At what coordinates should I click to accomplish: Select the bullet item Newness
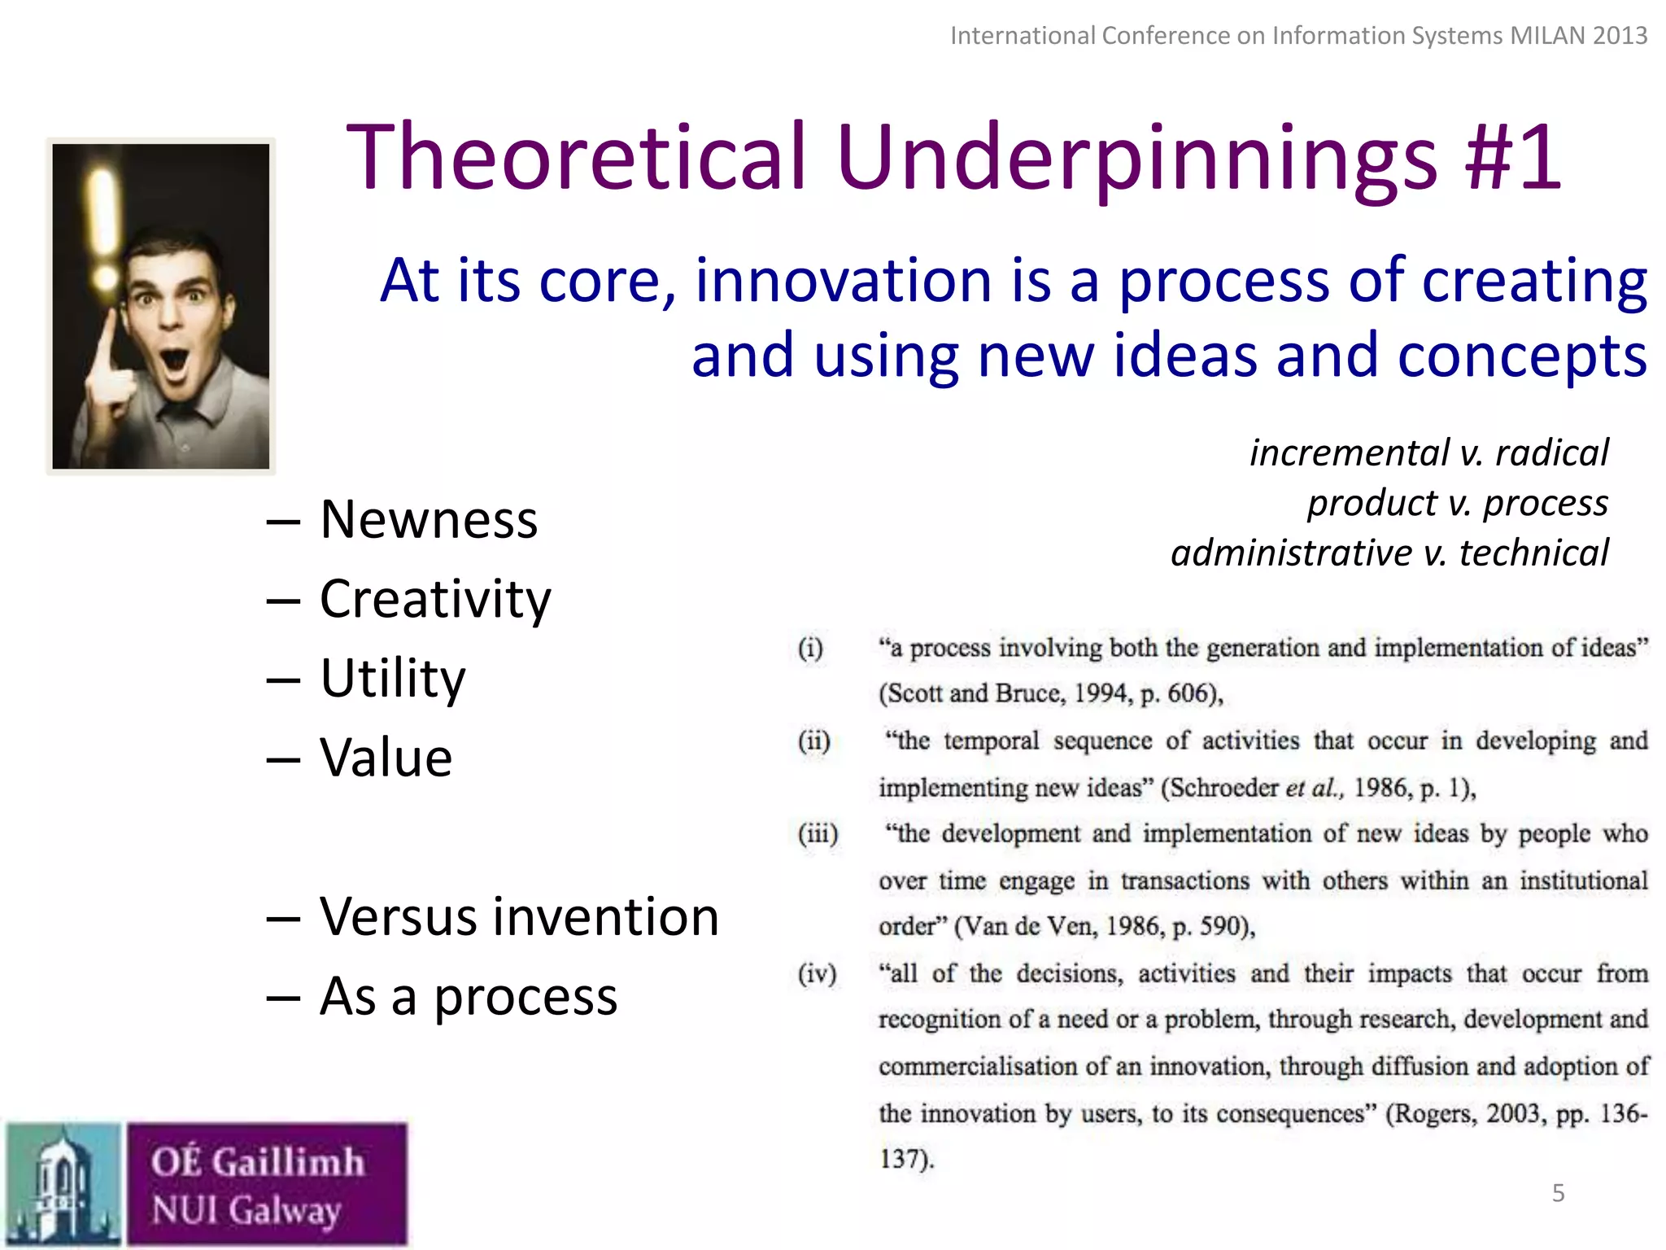coord(429,519)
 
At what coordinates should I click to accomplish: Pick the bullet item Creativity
coord(435,599)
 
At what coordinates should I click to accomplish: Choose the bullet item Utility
coord(393,678)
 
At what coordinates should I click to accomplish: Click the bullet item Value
coord(386,758)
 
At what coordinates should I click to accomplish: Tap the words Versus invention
coord(519,916)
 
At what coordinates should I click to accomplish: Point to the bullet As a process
coord(468,996)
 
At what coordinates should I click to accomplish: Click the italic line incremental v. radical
coord(1428,452)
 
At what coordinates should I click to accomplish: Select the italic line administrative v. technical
coord(1389,553)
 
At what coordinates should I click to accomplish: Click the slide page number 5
coord(1558,1193)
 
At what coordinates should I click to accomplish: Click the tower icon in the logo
coord(63,1185)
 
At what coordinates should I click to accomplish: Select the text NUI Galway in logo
coord(246,1210)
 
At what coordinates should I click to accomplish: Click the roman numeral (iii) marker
coord(818,834)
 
